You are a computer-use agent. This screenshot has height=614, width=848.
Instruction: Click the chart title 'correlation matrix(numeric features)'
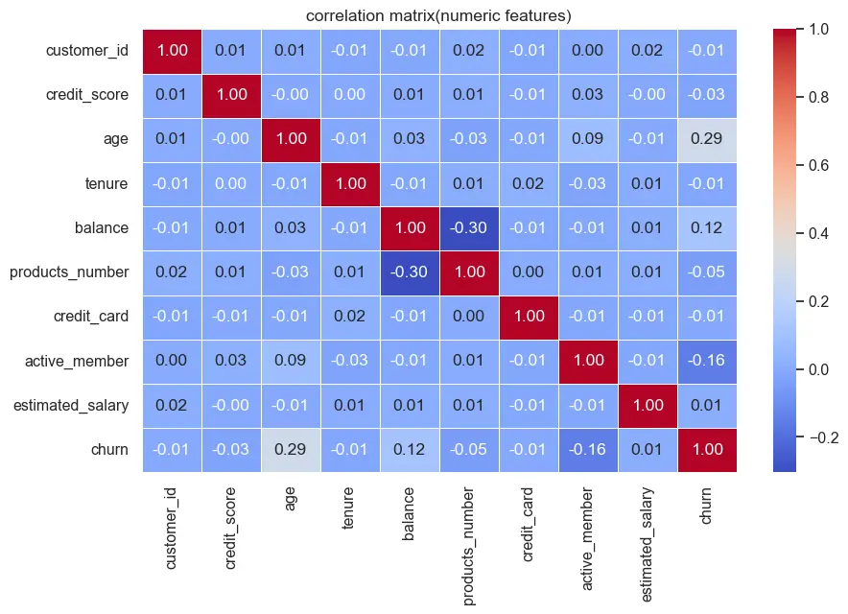tap(438, 15)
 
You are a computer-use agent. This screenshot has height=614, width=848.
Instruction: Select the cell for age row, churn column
tap(707, 139)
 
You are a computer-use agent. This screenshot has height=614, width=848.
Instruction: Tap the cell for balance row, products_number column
tap(469, 227)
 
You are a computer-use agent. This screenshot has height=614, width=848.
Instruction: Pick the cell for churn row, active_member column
tap(588, 450)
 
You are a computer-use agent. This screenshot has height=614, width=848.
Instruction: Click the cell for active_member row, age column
tap(291, 361)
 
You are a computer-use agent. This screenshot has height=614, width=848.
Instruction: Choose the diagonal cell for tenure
tap(350, 183)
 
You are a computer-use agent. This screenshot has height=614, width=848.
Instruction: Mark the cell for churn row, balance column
tap(410, 450)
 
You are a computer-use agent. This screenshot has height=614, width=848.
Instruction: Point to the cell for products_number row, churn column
tap(707, 272)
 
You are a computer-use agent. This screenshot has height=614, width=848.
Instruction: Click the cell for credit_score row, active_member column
tap(588, 95)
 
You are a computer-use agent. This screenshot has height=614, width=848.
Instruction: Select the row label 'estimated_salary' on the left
tap(71, 405)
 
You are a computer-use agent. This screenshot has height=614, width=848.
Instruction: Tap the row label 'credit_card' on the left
tap(91, 317)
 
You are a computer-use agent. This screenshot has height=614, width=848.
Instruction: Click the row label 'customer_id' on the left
tap(87, 50)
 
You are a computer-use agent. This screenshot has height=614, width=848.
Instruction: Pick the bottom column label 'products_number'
tap(468, 547)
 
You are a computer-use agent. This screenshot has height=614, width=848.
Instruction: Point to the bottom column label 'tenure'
tap(348, 508)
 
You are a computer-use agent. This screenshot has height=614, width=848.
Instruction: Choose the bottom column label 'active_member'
tap(587, 539)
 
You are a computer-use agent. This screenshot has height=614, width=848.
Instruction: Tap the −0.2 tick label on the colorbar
tap(824, 437)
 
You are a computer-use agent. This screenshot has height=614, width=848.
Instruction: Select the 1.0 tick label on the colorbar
tap(819, 29)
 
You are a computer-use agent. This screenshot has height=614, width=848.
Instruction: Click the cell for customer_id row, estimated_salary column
tap(648, 50)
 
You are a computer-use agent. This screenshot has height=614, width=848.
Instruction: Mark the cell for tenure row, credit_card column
tap(529, 183)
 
